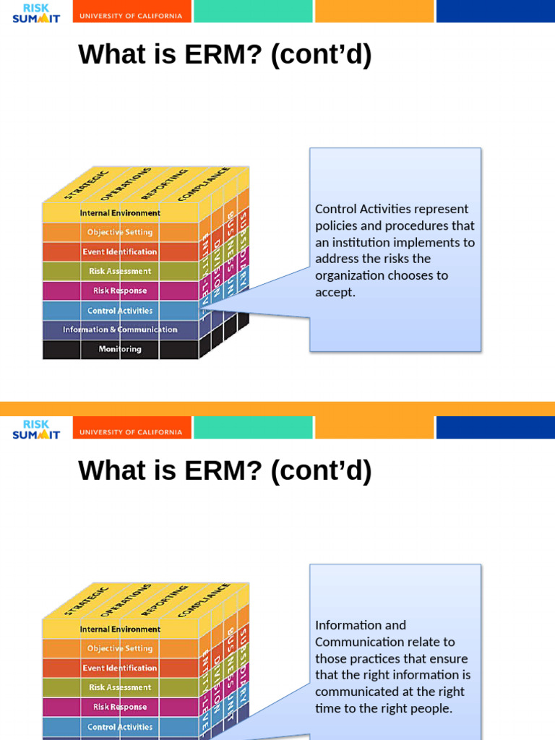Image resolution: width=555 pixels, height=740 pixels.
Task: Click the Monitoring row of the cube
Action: coord(120,349)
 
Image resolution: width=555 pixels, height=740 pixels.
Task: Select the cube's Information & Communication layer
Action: coord(120,330)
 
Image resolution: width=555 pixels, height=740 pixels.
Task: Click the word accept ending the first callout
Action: coord(335,292)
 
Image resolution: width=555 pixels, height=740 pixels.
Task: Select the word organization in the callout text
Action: coord(350,275)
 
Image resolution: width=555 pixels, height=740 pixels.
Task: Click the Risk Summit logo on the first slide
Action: coord(36,12)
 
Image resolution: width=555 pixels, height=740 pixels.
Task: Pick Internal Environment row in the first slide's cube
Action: coord(120,213)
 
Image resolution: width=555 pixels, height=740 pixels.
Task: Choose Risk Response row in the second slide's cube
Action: coord(120,707)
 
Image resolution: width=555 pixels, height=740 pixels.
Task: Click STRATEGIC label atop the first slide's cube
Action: coord(87,184)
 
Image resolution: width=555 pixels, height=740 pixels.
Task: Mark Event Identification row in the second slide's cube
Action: coord(120,668)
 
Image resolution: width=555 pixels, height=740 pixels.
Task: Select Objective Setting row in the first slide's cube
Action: coord(120,232)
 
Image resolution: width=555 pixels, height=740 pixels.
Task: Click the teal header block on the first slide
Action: coord(253,12)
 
